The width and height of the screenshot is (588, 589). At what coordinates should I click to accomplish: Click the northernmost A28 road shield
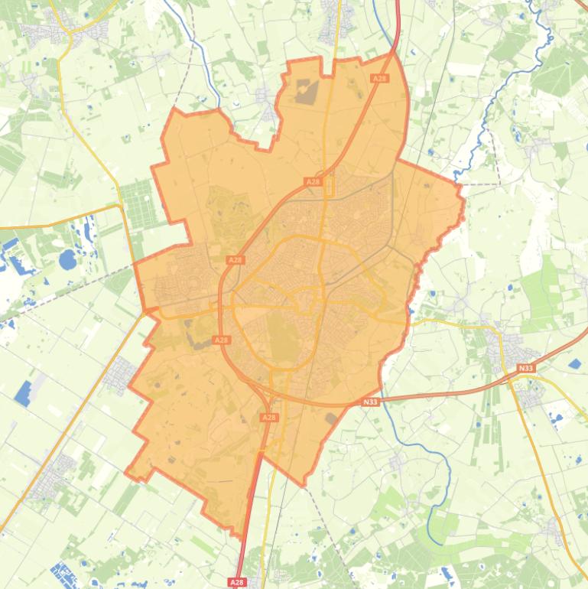click(379, 78)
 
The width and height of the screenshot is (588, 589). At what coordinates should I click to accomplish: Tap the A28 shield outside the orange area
click(238, 582)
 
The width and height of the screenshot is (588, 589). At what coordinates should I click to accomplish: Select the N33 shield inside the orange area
click(370, 402)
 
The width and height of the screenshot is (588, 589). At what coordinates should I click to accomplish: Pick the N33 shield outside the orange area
click(525, 368)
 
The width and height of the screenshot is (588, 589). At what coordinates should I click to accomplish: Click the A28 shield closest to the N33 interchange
click(269, 418)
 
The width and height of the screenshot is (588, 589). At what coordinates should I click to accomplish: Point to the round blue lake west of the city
click(68, 260)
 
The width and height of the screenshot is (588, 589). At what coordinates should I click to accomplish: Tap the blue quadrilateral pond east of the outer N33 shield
click(575, 365)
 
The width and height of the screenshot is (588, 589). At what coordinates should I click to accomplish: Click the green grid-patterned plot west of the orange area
click(138, 204)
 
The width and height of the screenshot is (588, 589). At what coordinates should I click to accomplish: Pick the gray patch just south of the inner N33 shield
click(330, 418)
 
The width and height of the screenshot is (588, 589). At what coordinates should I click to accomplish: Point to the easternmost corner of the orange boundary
click(463, 200)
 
